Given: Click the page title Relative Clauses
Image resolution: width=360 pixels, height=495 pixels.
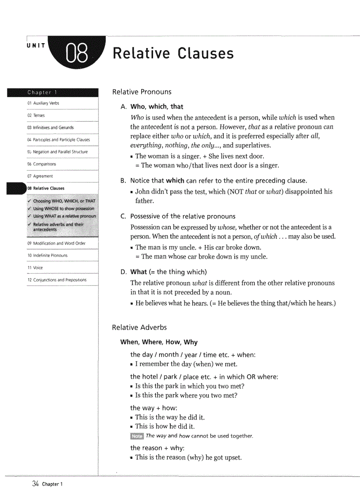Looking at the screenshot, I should (x=173, y=53).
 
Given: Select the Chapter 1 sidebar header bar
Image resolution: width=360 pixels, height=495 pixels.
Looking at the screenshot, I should (x=52, y=92).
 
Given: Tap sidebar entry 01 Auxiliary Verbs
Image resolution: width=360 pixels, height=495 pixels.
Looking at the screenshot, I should (x=43, y=103).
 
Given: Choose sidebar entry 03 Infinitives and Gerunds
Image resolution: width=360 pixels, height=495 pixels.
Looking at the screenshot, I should (x=50, y=127).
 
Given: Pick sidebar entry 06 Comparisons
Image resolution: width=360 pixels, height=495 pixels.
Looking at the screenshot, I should (x=41, y=164).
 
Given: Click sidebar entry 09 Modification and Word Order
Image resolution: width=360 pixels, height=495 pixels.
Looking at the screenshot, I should (x=56, y=243).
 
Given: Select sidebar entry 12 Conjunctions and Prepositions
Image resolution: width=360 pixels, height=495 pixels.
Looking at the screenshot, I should (x=56, y=280).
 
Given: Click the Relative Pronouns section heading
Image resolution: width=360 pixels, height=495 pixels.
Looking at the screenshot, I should (x=142, y=92).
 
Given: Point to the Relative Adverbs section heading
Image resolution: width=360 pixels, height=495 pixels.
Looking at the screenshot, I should (x=139, y=328).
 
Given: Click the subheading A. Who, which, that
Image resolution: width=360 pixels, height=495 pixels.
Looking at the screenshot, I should (x=152, y=107).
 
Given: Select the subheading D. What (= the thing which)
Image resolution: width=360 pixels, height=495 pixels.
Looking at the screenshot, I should (x=164, y=272).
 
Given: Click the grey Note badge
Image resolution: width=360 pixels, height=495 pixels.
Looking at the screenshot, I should (x=137, y=436).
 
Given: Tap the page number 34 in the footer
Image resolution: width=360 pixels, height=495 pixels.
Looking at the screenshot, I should (x=36, y=484).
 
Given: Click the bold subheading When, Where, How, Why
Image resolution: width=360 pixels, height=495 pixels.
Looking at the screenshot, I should (x=159, y=342).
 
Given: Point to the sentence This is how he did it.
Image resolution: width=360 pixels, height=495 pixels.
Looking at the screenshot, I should (x=165, y=426).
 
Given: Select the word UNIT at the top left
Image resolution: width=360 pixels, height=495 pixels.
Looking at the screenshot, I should (x=35, y=46).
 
